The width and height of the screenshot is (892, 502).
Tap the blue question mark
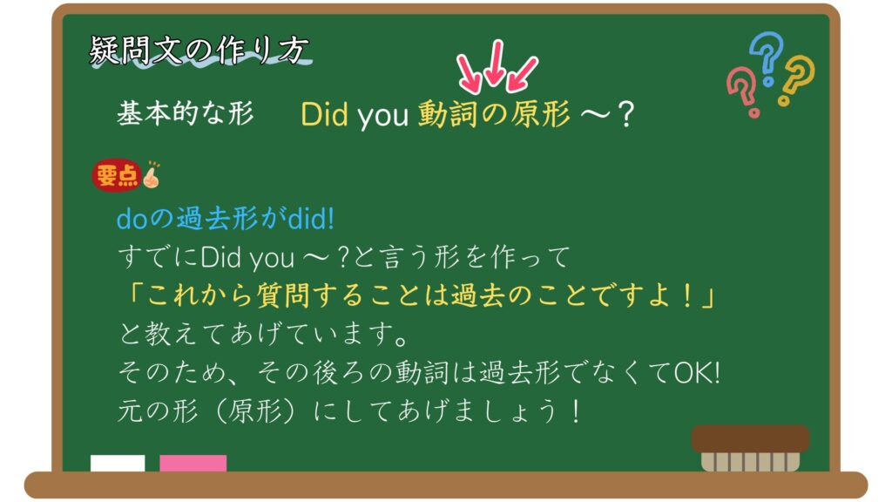tap(767, 57)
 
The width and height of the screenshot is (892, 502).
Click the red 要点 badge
tap(117, 175)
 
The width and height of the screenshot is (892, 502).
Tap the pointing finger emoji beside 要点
tap(152, 174)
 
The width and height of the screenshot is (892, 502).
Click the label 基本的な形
tap(185, 113)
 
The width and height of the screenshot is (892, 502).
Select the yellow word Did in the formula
tap(324, 114)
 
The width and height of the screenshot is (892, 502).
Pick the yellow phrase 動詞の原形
tap(494, 114)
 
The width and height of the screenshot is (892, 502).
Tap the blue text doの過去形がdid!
tap(226, 219)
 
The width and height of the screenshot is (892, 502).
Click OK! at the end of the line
tap(697, 373)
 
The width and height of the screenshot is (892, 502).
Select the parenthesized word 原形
tap(254, 411)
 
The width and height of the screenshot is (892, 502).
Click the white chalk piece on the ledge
tap(118, 463)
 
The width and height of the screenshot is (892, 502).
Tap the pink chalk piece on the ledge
tap(193, 463)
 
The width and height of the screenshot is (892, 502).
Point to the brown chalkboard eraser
tap(750, 448)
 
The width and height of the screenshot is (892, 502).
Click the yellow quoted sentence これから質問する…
tap(420, 295)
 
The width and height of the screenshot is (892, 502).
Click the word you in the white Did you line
tap(272, 258)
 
